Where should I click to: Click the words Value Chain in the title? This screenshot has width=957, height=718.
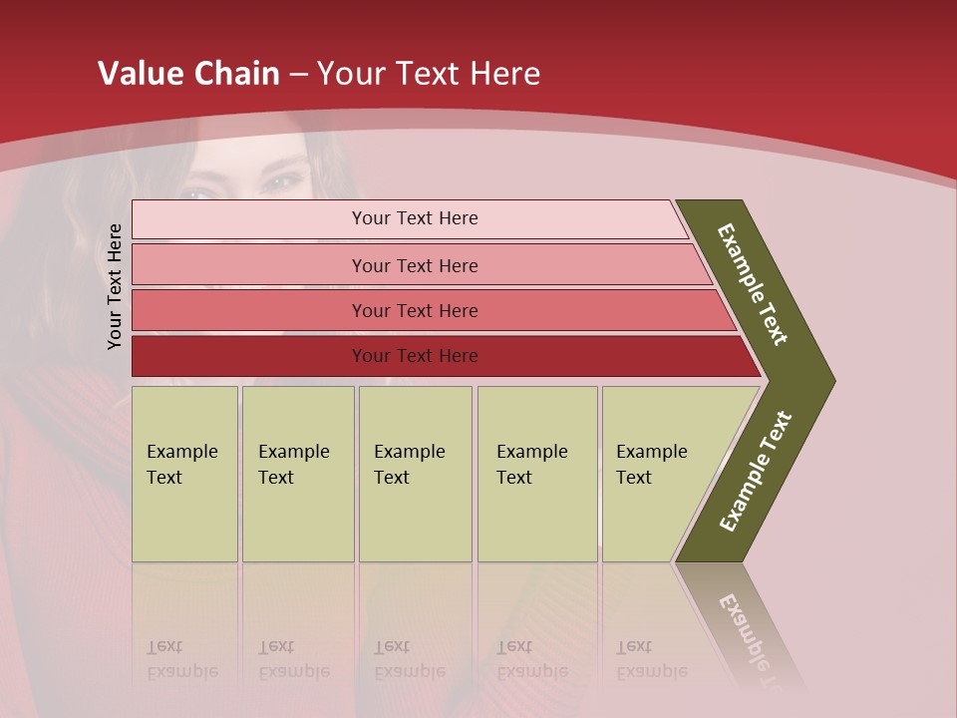(x=188, y=74)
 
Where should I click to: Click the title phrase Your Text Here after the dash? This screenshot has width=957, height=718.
(x=429, y=74)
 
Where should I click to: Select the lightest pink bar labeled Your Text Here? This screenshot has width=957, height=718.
(x=415, y=218)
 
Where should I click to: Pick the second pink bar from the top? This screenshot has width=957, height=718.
(x=415, y=265)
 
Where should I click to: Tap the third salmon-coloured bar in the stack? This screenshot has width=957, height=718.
(x=415, y=310)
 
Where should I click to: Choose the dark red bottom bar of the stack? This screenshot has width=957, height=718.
(x=415, y=356)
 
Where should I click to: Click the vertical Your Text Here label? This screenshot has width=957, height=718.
(x=115, y=286)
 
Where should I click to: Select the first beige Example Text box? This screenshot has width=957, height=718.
(x=184, y=474)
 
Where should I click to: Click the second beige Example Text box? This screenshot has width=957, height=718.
(x=297, y=474)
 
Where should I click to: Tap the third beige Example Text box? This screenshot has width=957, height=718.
(x=414, y=474)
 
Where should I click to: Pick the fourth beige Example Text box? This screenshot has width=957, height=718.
(x=536, y=474)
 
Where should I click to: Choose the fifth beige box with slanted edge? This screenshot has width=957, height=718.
(x=658, y=474)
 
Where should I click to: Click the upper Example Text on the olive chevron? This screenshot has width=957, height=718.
(x=753, y=284)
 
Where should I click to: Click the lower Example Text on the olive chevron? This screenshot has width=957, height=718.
(x=756, y=471)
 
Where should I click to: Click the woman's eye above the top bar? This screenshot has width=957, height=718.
(x=284, y=181)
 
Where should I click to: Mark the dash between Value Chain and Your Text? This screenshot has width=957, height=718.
(x=298, y=75)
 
